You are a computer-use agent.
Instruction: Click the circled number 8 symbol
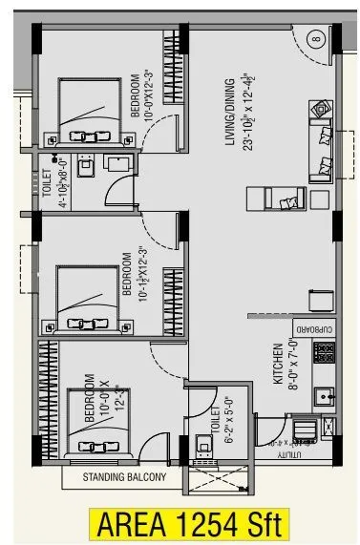click(317, 40)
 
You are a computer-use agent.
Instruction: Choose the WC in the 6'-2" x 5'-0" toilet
click(203, 444)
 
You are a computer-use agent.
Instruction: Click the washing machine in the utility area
click(303, 430)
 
